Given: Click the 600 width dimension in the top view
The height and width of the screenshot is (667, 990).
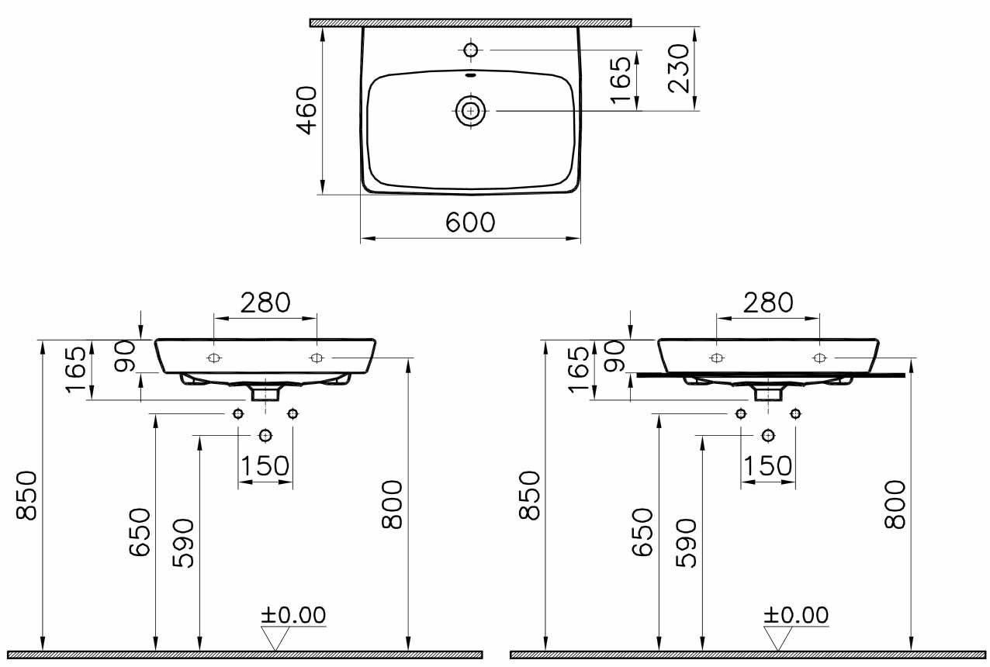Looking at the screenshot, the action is click(470, 223).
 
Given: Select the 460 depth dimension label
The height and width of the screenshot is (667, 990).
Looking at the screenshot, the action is click(306, 110).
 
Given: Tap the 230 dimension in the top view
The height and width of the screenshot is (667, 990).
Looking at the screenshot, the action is click(679, 68).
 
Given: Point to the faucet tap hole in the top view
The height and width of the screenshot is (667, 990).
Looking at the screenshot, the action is click(471, 50).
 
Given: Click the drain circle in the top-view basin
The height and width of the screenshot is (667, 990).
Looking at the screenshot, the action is click(471, 111).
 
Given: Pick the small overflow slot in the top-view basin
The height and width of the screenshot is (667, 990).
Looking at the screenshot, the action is click(471, 74).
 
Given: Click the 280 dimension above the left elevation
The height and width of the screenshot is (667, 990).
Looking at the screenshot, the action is click(265, 302).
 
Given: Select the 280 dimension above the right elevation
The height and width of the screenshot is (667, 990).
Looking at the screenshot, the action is click(768, 302).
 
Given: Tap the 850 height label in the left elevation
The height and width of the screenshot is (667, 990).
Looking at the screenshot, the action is click(26, 495).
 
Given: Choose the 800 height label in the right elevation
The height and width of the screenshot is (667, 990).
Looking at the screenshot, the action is click(895, 504).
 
